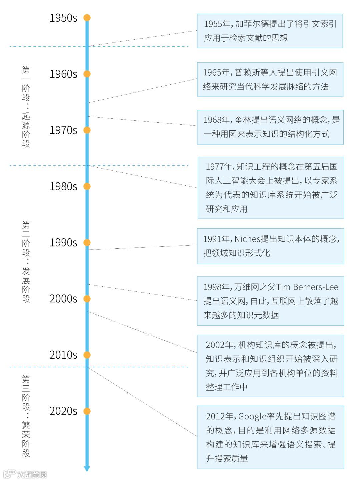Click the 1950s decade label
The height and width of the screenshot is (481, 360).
click(63, 18)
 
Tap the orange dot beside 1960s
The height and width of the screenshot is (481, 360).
click(87, 74)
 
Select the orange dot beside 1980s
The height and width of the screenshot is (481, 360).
click(87, 186)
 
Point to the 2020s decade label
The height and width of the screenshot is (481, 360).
click(63, 411)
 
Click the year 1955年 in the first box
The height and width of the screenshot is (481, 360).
click(217, 24)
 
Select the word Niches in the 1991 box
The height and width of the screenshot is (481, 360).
click(247, 239)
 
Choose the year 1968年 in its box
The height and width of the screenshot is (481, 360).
click(217, 120)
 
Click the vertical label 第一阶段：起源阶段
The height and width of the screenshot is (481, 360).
click(26, 107)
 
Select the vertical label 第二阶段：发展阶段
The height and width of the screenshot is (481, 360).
click(26, 262)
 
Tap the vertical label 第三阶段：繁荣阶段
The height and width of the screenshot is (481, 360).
click(26, 416)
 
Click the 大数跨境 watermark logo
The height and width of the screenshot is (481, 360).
click(25, 474)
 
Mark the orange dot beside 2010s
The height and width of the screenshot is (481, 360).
click(87, 355)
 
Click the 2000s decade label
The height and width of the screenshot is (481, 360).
click(63, 299)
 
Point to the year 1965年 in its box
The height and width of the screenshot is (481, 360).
click(217, 73)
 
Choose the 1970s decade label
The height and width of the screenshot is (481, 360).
click(63, 130)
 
